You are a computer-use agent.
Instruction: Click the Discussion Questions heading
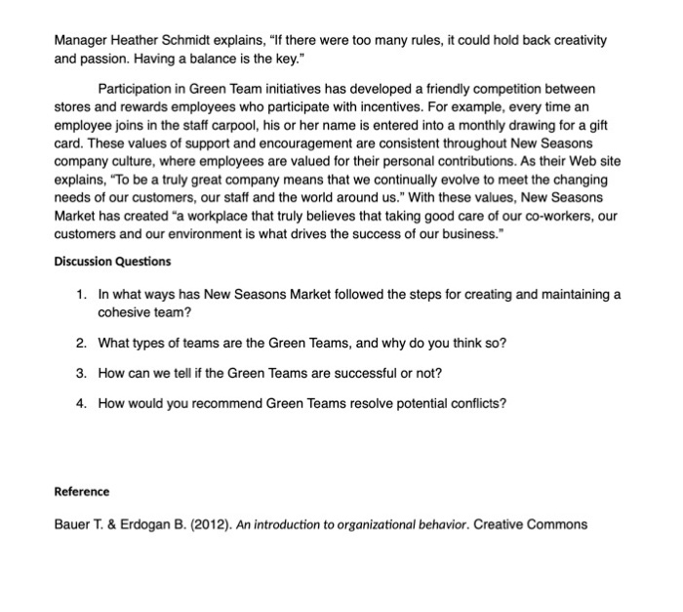(112, 262)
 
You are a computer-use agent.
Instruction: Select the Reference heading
(82, 491)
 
